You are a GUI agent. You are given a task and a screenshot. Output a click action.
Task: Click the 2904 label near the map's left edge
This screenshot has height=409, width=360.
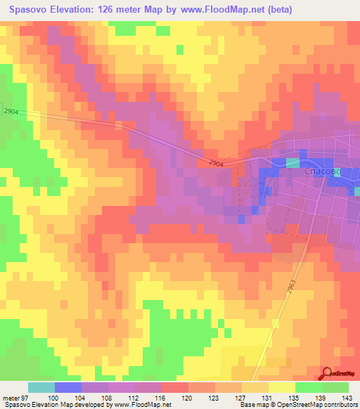(x=10, y=112)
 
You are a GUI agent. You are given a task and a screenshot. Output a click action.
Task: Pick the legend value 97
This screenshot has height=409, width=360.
(x=25, y=398)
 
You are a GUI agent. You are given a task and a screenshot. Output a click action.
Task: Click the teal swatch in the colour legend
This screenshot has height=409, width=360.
(x=41, y=387)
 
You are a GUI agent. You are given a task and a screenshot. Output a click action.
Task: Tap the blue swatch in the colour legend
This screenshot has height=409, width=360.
(x=68, y=387)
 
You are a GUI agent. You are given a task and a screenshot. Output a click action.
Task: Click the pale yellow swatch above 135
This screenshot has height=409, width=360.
(x=282, y=387)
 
